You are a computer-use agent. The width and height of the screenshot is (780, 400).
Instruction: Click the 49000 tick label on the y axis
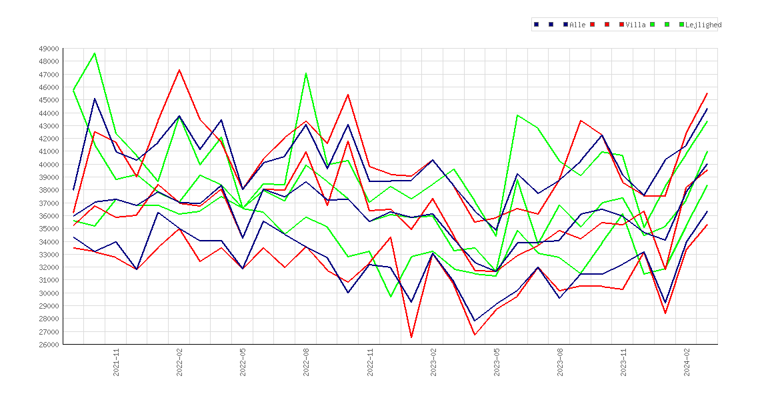(49, 49)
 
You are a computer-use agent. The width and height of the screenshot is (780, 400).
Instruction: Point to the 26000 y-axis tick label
(49, 344)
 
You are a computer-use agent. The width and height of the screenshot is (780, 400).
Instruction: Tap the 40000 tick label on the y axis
(49, 164)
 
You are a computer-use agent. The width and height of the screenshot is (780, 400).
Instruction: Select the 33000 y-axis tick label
(49, 254)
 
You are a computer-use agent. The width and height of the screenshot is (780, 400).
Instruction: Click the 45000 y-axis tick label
(49, 100)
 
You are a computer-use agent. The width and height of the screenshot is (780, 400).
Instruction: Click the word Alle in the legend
(577, 25)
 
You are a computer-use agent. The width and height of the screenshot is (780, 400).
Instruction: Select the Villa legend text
(636, 25)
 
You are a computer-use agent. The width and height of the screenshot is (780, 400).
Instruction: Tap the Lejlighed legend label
(703, 25)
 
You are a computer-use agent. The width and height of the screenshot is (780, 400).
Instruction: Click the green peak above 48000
(95, 53)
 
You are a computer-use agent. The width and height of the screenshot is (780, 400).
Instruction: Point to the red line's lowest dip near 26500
(411, 337)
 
